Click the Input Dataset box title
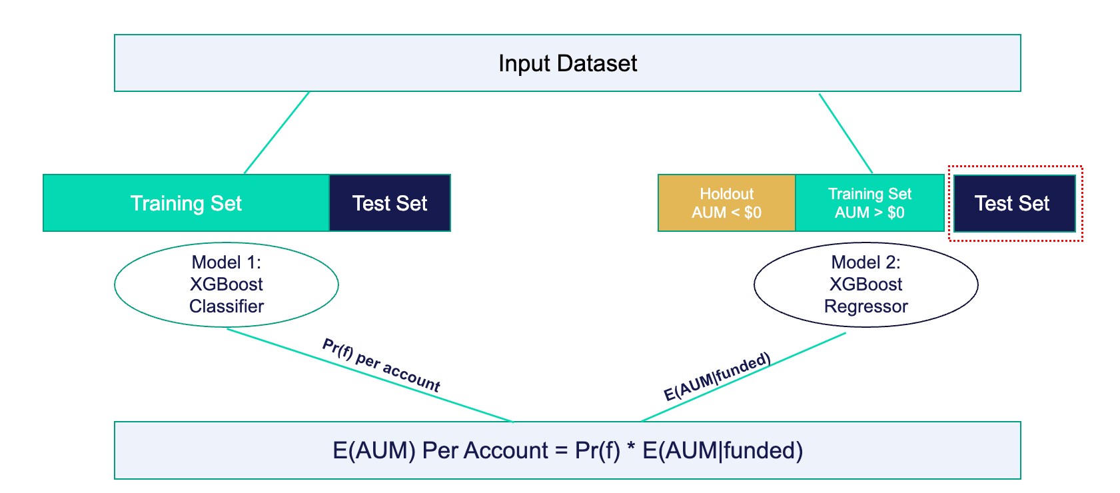(568, 63)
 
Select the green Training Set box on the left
(186, 203)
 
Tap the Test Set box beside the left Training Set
(390, 203)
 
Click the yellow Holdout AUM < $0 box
(726, 203)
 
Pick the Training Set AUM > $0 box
(869, 203)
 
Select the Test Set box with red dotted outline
(1014, 203)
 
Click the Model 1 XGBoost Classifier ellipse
(227, 284)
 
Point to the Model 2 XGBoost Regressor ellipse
(865, 284)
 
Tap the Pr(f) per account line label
(381, 365)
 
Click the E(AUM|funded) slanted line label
(718, 377)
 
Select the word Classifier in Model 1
(227, 306)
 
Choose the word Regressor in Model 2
(865, 306)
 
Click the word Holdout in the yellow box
(726, 194)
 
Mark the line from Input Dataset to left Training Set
(277, 133)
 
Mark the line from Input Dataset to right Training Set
(845, 133)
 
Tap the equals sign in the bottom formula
(561, 451)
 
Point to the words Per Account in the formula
(485, 451)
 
